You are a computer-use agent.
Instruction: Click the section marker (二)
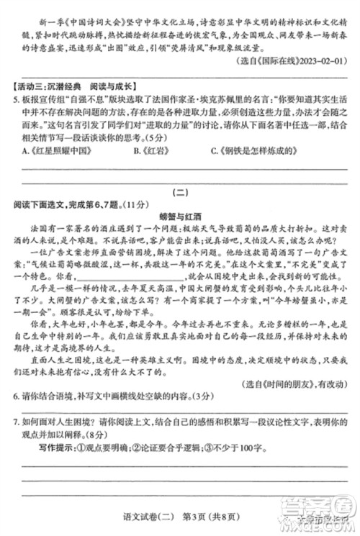coord(180,192)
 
